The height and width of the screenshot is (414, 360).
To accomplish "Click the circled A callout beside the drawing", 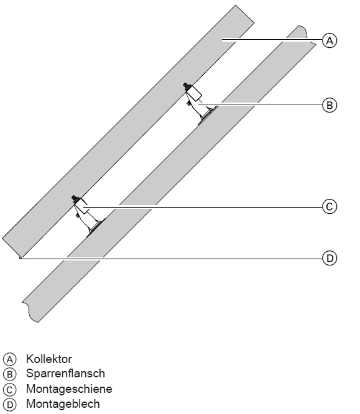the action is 330,40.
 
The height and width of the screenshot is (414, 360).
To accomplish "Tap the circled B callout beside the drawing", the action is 330,105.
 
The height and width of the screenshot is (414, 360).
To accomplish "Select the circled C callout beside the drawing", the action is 330,206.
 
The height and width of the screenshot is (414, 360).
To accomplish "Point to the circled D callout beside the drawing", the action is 330,258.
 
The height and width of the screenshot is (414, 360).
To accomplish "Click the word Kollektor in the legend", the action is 49,359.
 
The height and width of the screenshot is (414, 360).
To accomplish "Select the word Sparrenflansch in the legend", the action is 65,374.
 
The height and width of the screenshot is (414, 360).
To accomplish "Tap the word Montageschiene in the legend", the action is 69,389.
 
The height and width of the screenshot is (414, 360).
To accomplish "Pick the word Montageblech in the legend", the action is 63,404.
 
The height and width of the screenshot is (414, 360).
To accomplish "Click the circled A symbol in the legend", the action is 10,359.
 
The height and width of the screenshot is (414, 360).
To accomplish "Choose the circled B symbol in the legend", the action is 10,374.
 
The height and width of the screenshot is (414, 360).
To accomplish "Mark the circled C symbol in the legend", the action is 10,389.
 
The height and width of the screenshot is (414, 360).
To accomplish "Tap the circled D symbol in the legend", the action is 10,405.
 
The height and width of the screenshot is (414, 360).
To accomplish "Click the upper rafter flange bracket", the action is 200,104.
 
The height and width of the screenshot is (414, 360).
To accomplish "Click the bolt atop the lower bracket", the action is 75,198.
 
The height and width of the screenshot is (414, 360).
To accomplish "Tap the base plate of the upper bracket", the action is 208,115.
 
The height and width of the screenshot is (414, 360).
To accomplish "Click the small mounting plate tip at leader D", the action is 20,258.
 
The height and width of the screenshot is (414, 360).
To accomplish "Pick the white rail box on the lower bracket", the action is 81,206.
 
